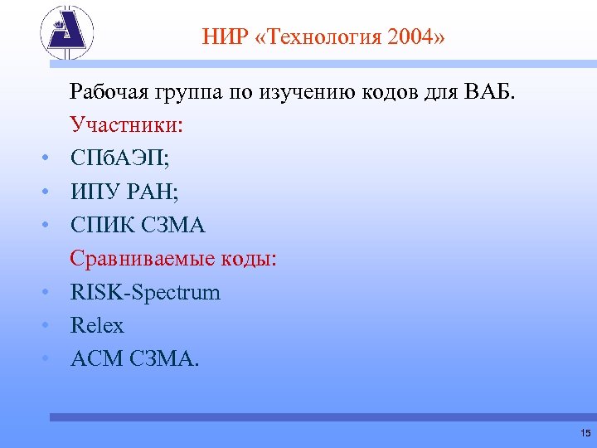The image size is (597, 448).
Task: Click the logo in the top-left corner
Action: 67,34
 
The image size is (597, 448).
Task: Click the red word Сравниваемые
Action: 140,259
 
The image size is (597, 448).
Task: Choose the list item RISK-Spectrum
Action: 146,292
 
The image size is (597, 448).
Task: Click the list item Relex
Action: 97,325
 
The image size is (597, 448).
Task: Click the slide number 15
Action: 585,433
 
